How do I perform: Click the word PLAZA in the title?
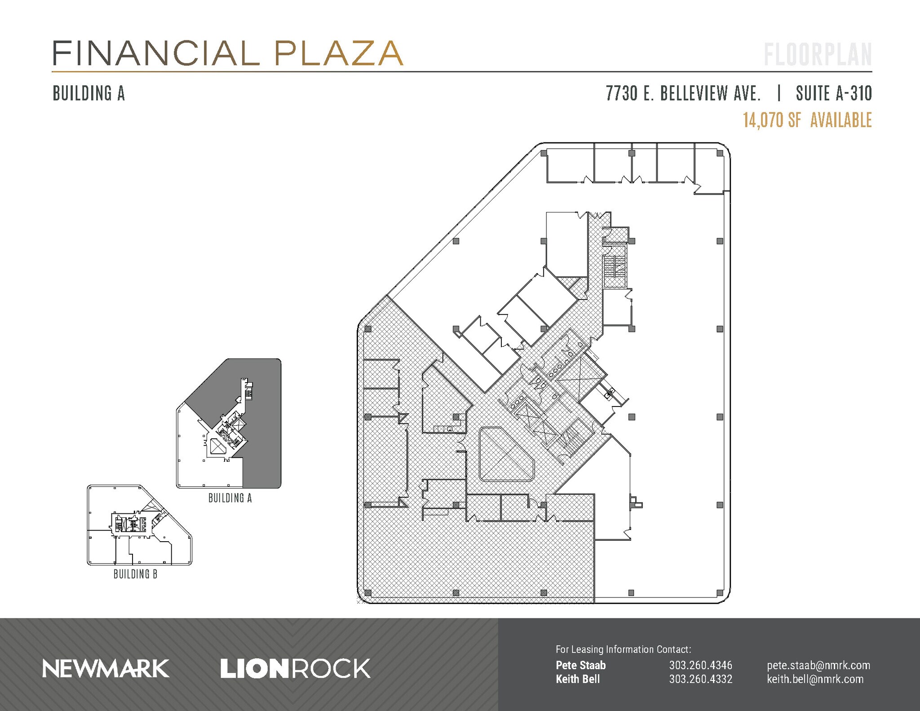(x=338, y=53)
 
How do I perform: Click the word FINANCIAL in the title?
(x=155, y=53)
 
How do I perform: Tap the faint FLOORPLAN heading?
(x=818, y=55)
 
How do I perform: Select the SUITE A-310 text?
(x=833, y=93)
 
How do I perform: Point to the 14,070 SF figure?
(x=772, y=120)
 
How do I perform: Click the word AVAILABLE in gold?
(x=841, y=120)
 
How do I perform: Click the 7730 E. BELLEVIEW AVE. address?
(x=683, y=93)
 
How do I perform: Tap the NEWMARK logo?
(x=106, y=669)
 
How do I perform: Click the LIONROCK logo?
(x=295, y=669)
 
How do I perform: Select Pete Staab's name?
(x=580, y=665)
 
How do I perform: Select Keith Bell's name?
(x=577, y=679)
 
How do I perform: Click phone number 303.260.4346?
(x=700, y=665)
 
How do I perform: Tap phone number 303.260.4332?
(x=700, y=679)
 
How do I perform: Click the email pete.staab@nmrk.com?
(x=818, y=665)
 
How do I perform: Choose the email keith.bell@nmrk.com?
(x=815, y=679)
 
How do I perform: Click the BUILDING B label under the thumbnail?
(x=135, y=574)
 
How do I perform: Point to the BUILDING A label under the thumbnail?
(x=230, y=498)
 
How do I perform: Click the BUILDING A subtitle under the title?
(x=88, y=93)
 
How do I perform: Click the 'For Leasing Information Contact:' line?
(x=623, y=649)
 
